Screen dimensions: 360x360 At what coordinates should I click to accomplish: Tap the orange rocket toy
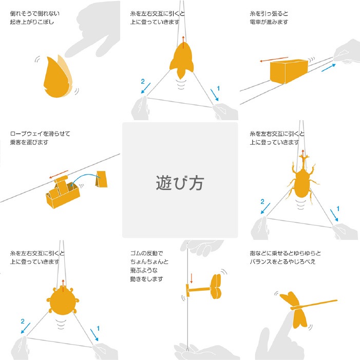pos(181,60)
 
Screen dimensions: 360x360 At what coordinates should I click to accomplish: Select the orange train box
pos(289,71)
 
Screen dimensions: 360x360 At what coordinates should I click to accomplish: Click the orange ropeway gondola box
pos(63,193)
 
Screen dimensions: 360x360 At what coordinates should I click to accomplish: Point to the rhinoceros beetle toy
pos(302,181)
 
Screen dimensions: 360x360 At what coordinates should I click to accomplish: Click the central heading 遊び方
pos(180,183)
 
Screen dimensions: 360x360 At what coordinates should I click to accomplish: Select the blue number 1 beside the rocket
pos(218,88)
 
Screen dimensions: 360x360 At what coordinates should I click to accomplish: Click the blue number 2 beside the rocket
pos(143,81)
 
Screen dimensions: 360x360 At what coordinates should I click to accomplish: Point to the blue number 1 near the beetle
pos(338,209)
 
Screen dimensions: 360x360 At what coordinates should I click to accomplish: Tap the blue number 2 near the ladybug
pos(23,321)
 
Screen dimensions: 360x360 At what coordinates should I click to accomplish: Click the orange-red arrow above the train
pos(274,59)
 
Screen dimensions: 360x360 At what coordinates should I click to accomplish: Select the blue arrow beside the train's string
pos(329,68)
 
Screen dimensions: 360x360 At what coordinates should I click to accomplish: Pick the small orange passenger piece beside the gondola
pos(102,179)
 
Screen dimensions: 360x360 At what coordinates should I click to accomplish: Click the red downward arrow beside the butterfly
pos(191,278)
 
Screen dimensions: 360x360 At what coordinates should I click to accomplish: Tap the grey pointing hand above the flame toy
pos(94,30)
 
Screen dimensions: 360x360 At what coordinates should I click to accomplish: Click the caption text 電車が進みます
pos(269,22)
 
